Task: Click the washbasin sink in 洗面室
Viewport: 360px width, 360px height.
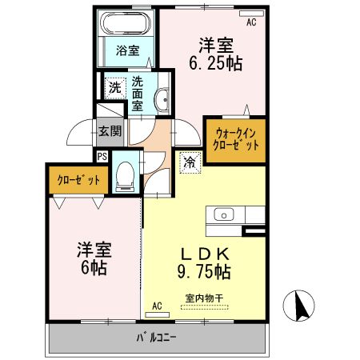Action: click(162, 100)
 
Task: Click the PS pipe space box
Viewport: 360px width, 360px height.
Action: click(102, 156)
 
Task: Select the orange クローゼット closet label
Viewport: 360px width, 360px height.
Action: click(78, 180)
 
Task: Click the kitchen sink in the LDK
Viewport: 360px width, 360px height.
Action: click(223, 214)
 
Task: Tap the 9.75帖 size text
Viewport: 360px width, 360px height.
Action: click(203, 272)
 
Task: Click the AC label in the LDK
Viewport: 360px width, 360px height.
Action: click(157, 305)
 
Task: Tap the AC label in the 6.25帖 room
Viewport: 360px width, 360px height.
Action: click(251, 22)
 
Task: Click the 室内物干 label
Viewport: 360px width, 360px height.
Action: click(203, 300)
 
